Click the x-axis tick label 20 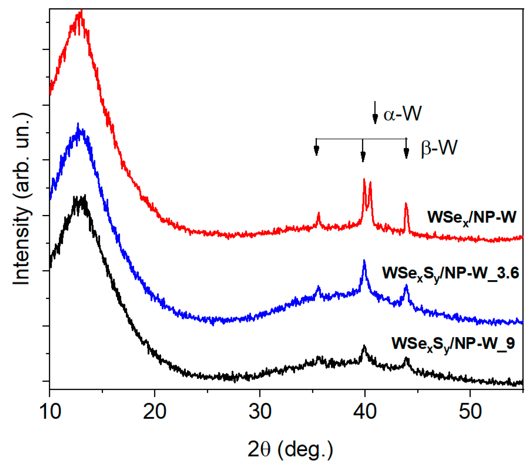155,412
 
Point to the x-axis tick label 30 260,412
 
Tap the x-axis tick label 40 365,412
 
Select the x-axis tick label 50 470,412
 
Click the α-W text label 402,114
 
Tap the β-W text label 439,148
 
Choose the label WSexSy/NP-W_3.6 450,273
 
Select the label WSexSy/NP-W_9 453,344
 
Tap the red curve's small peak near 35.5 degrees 319,213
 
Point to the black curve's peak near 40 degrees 364,347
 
